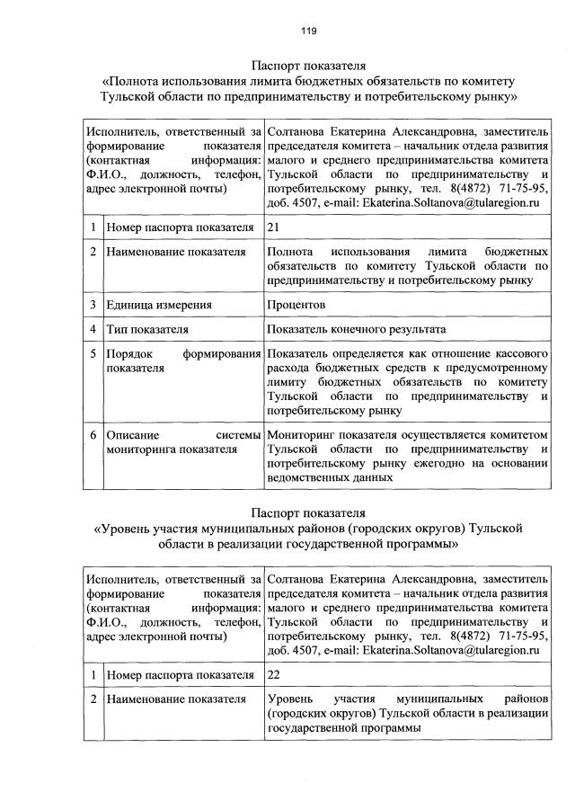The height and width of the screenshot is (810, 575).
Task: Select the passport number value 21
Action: (275, 227)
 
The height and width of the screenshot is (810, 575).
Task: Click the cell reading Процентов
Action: (296, 306)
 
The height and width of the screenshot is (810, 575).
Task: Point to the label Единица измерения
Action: (155, 306)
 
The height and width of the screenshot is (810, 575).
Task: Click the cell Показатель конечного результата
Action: (356, 330)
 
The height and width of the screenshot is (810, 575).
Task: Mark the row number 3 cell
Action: (93, 306)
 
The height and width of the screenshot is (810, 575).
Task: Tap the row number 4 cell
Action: (93, 330)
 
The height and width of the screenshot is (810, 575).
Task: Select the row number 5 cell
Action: (93, 354)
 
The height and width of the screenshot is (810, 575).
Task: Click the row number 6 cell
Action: (93, 435)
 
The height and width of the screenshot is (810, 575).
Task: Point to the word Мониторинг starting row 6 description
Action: (301, 435)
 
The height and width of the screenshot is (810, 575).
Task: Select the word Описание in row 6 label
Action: (131, 435)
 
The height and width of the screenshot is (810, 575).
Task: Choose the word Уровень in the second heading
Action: (126, 528)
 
